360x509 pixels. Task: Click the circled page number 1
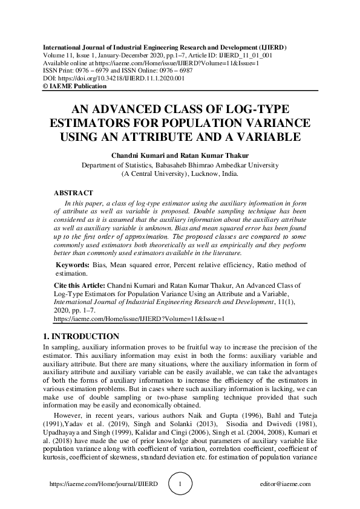tap(180, 484)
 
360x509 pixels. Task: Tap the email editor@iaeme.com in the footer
tap(284, 484)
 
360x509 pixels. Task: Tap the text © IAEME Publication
tap(74, 86)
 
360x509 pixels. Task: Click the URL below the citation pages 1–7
tap(139, 317)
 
